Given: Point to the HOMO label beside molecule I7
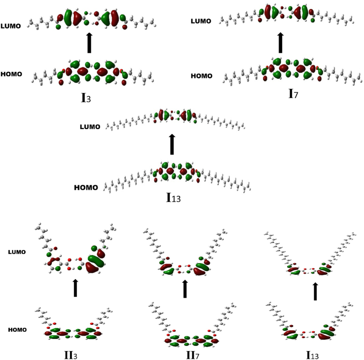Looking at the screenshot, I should [203, 76].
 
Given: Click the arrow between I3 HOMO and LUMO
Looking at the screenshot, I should [89, 43].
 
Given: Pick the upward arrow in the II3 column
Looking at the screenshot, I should [75, 288].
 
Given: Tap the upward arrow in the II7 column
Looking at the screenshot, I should [185, 289].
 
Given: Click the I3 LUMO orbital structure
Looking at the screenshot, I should [90, 19].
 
